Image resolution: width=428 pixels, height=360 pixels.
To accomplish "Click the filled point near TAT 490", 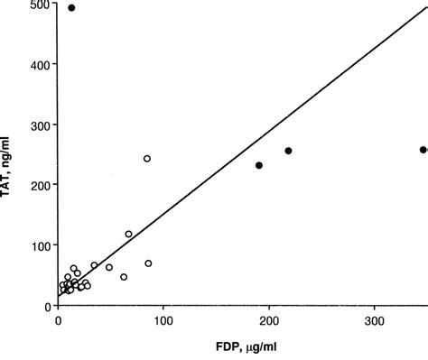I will pyautogui.click(x=71, y=8).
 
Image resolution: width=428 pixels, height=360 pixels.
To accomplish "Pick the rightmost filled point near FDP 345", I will pyautogui.click(x=423, y=150).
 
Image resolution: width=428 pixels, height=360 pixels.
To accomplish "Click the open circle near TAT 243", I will pyautogui.click(x=147, y=158).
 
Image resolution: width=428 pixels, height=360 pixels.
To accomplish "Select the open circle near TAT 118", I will pyautogui.click(x=128, y=234).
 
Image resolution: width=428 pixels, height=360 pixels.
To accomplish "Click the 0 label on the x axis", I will pyautogui.click(x=58, y=320).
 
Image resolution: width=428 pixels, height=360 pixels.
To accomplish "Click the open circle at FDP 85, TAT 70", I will pyautogui.click(x=148, y=263).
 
